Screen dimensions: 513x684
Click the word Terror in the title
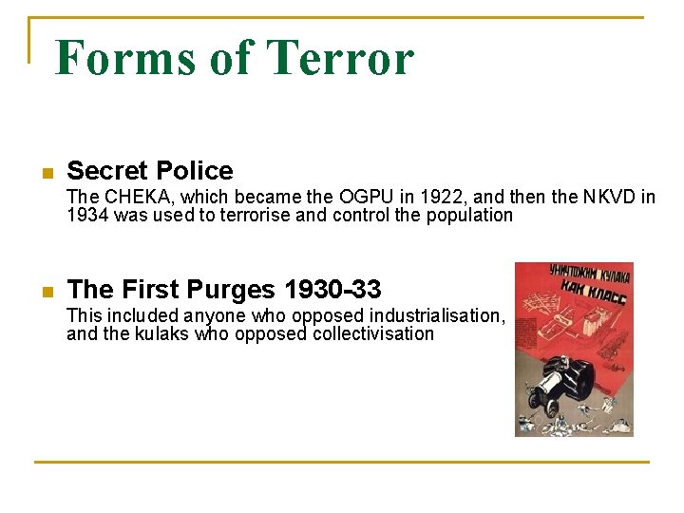(x=341, y=57)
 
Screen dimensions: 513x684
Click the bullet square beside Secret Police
(x=45, y=173)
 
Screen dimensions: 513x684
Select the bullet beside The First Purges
(x=45, y=291)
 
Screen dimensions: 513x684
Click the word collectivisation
(x=373, y=333)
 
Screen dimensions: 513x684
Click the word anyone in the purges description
(x=215, y=315)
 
